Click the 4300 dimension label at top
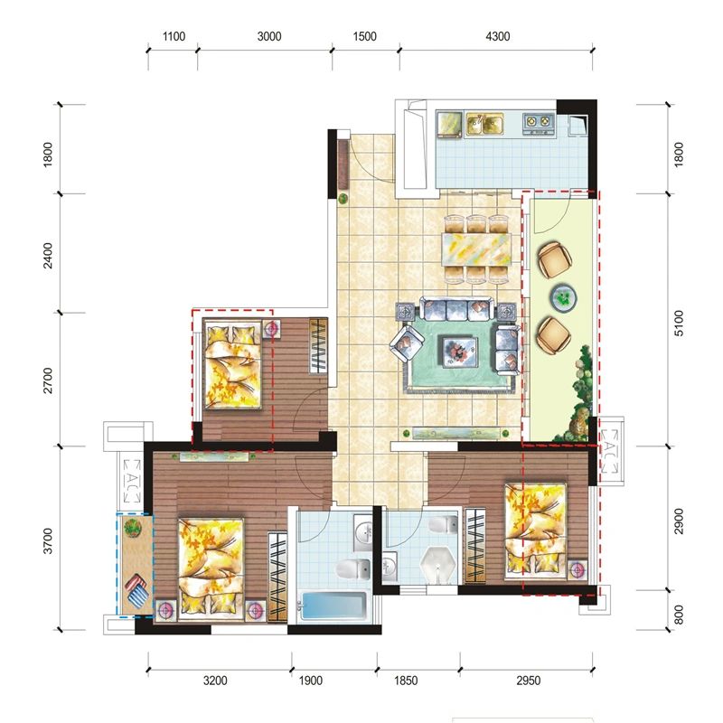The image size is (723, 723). point(498,36)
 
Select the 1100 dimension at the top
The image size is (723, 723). point(174,36)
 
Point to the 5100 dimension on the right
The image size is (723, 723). point(679,324)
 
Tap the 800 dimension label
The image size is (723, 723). point(679,615)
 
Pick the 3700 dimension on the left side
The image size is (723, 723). point(48,540)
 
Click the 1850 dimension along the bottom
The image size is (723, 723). point(406,681)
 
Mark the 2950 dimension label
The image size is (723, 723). point(528,681)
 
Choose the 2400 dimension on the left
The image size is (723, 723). point(48,256)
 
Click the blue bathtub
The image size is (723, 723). point(334,606)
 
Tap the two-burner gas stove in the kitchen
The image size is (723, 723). point(539,122)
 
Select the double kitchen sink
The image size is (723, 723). point(484,124)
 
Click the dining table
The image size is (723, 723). point(476,249)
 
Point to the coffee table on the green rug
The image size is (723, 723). point(460,352)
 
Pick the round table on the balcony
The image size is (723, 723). point(563,296)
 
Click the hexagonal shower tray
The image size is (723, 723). point(438,567)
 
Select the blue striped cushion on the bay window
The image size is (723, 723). point(136,594)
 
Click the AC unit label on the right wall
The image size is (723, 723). point(609,451)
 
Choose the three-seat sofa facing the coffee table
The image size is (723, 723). point(457,309)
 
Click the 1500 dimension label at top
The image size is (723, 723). point(365,36)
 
